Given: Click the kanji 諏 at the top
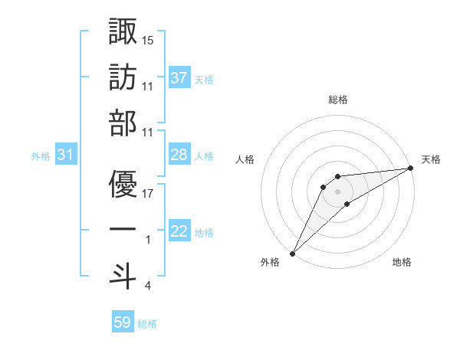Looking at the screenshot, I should [x=123, y=31].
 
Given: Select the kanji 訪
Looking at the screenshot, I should [x=123, y=78].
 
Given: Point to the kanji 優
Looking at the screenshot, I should [x=123, y=184].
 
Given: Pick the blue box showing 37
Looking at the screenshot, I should [x=179, y=78].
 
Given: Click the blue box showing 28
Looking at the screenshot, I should [x=179, y=155].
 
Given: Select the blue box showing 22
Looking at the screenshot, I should [x=179, y=232].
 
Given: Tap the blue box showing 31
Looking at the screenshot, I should [x=66, y=155].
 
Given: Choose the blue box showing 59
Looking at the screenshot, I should [x=123, y=323].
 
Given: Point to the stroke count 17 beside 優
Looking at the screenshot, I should [x=148, y=193].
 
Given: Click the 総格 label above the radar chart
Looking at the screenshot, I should [x=337, y=100].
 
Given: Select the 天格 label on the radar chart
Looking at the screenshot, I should [x=432, y=159].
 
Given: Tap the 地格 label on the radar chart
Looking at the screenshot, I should [x=402, y=263].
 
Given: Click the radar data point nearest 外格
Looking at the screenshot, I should [x=292, y=253].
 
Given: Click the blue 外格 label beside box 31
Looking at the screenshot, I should [x=41, y=156].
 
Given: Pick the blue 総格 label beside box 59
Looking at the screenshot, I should [x=147, y=324].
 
